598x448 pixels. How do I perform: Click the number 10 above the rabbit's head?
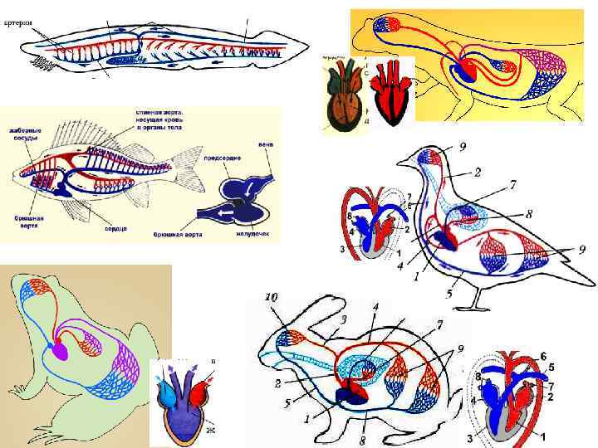pos(272,296)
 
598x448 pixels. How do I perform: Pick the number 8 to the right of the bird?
pos(528,213)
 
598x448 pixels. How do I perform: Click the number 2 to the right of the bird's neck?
pos(478,172)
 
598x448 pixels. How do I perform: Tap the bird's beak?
pos(402,161)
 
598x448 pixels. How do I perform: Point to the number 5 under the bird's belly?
pos(448,293)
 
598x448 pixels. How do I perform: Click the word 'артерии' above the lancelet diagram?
pos(18,23)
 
